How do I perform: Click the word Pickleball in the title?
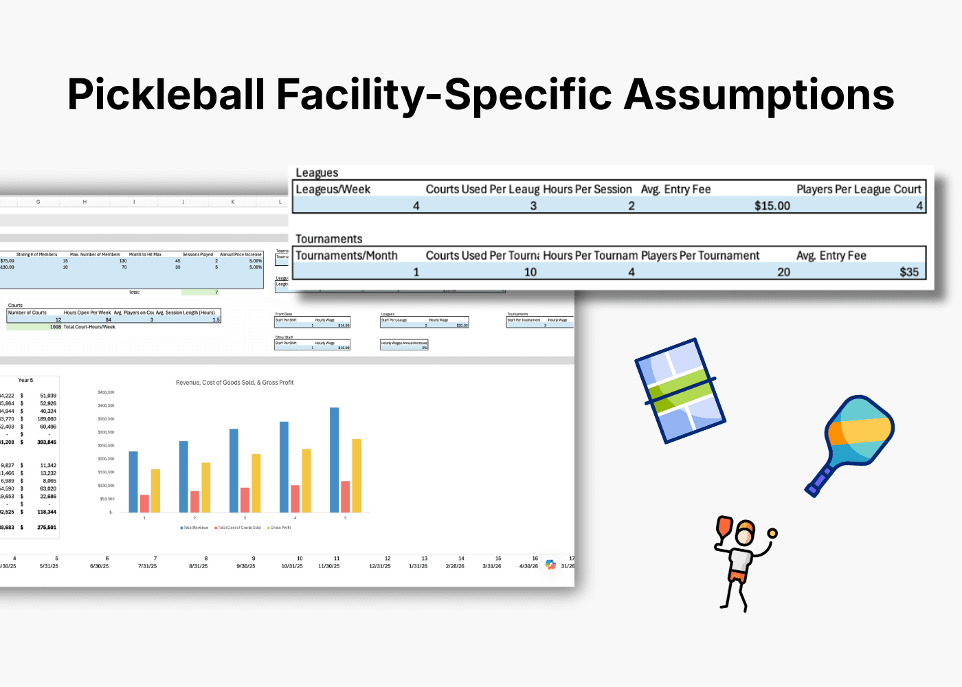[x=166, y=95]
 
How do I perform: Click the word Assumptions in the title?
[x=759, y=95]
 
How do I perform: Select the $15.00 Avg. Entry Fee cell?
[x=772, y=205]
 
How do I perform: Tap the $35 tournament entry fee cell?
[x=908, y=272]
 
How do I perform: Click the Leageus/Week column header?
[x=333, y=189]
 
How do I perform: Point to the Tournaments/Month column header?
[x=346, y=256]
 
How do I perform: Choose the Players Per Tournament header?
[x=700, y=256]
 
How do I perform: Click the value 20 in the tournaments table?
[x=783, y=272]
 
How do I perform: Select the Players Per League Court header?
[x=858, y=189]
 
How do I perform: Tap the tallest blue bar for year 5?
[x=335, y=460]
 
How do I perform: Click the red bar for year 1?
[x=144, y=504]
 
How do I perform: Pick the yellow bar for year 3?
[x=256, y=483]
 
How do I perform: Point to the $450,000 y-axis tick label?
[x=106, y=392]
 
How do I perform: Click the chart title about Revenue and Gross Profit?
[x=234, y=383]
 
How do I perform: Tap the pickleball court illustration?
[x=680, y=390]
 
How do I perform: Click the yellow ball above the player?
[x=772, y=533]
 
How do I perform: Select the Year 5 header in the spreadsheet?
[x=25, y=380]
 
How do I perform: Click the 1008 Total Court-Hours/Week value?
[x=56, y=327]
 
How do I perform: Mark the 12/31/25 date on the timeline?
[x=379, y=566]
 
